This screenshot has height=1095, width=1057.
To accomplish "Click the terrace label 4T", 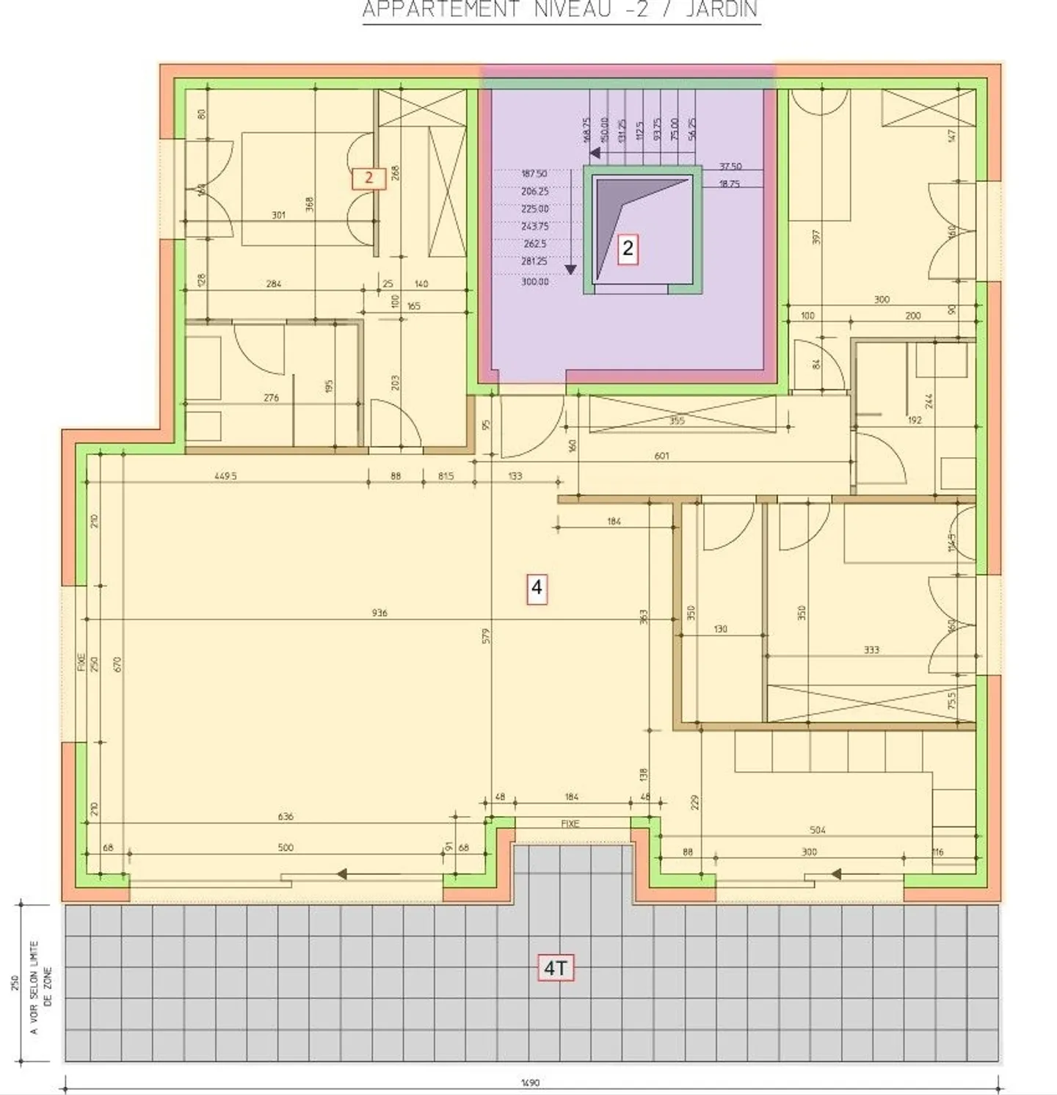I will click(555, 969).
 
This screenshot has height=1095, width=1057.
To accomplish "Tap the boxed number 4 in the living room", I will click(537, 588).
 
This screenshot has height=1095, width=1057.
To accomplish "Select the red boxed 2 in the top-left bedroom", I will click(368, 178).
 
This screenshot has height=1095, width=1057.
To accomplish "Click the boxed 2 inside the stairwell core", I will click(628, 249).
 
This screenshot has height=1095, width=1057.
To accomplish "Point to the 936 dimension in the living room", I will click(379, 613).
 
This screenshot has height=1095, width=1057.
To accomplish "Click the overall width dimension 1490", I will click(530, 1083).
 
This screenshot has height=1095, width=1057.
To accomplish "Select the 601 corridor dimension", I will click(661, 456).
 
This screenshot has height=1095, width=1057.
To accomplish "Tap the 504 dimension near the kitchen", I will click(818, 830).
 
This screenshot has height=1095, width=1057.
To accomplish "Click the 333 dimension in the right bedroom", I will click(871, 650).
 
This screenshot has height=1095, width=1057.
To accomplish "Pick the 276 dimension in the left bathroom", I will click(271, 398).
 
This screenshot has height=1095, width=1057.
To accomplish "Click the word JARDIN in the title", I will click(722, 10).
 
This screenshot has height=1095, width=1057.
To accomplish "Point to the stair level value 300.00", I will click(535, 282).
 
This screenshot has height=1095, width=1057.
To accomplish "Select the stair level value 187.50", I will click(534, 174).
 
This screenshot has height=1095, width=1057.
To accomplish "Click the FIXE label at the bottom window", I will click(570, 823).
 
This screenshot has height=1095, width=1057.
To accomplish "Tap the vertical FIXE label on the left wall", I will click(81, 663).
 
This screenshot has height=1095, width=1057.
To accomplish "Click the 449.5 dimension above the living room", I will click(225, 476).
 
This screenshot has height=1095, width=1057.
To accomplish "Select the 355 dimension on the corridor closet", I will click(677, 421).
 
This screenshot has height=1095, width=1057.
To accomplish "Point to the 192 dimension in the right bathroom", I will click(915, 421).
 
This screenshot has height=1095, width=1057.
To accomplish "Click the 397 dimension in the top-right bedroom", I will click(816, 237).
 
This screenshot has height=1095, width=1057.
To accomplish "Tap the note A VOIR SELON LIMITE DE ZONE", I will click(40, 988).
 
